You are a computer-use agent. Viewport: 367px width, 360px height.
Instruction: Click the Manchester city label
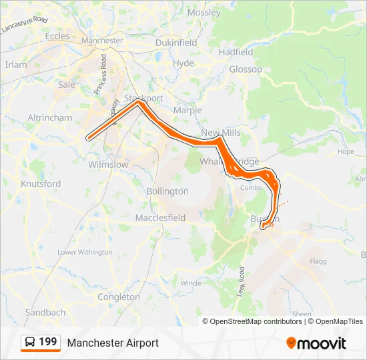click(102, 41)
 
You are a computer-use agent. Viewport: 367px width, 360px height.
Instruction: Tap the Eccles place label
click(57, 37)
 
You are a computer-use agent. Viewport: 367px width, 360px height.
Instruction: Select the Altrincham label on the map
click(50, 117)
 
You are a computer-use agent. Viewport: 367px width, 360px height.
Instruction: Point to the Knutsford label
click(41, 183)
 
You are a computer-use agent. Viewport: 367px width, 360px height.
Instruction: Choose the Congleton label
click(119, 297)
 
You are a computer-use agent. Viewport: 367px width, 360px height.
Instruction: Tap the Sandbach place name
click(45, 312)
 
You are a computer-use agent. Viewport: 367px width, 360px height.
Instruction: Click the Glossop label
click(246, 69)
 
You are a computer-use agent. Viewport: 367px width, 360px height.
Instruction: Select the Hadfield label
click(236, 52)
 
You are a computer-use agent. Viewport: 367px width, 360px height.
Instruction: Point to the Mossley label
click(204, 13)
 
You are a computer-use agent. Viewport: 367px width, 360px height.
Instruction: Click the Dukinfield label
click(176, 43)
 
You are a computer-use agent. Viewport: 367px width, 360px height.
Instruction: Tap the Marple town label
click(187, 110)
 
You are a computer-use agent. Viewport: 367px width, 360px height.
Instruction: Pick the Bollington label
click(167, 191)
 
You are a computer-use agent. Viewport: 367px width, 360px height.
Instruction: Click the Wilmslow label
click(108, 164)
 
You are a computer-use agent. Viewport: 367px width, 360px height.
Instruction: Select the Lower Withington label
click(85, 252)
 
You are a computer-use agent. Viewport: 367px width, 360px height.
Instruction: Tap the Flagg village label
click(318, 261)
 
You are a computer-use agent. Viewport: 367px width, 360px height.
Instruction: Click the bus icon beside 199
click(31, 343)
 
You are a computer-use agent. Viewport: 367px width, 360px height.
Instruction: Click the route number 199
click(48, 343)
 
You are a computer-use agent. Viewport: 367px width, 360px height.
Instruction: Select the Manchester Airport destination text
click(113, 343)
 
